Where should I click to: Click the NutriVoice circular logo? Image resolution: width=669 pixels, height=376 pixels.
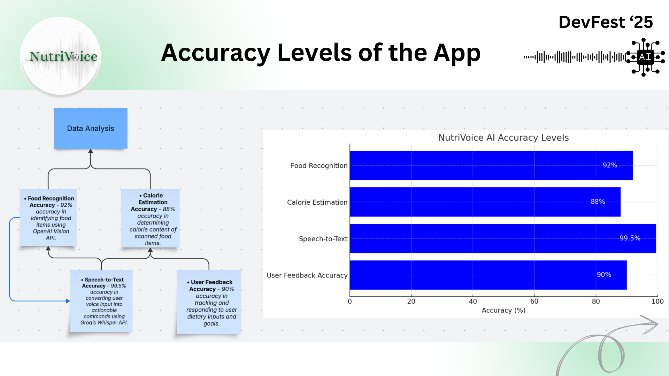[61, 56]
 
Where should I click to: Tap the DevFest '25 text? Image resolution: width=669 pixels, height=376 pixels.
[606, 22]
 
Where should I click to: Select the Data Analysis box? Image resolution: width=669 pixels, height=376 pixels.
[91, 128]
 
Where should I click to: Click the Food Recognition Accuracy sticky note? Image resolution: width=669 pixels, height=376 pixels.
[48, 218]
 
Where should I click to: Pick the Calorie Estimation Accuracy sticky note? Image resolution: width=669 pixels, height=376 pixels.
[150, 219]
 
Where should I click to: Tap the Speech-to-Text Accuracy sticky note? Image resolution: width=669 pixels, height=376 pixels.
[101, 301]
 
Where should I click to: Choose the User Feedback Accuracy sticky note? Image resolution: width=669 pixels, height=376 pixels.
[209, 302]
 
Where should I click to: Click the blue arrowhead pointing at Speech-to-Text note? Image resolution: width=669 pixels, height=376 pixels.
[68, 301]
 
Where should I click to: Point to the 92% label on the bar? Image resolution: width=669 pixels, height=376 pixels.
[610, 165]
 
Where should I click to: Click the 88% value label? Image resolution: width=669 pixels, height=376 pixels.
[598, 202]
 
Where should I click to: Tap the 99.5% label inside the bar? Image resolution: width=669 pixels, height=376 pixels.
[630, 238]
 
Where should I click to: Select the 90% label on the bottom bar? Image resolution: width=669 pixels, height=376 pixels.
[604, 275]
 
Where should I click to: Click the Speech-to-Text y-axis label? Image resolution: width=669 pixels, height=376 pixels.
[323, 239]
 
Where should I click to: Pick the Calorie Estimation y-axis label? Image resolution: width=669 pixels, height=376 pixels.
[317, 202]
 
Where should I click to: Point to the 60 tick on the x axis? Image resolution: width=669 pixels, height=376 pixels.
[534, 301]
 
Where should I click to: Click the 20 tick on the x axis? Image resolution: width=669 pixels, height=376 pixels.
[411, 301]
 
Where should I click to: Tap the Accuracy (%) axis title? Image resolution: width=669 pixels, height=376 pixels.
[503, 310]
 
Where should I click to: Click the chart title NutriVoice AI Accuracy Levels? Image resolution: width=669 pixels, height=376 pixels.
[503, 138]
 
